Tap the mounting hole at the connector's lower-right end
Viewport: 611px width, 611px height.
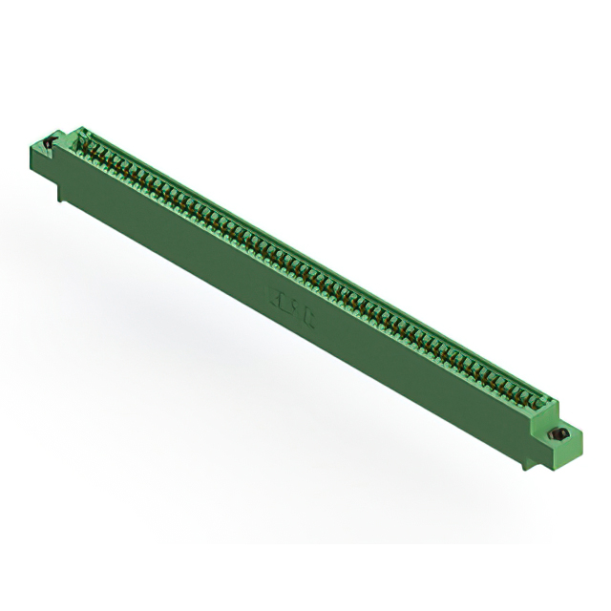(x=561, y=436)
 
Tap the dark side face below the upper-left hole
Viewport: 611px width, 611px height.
(x=43, y=167)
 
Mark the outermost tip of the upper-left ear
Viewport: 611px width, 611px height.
(x=28, y=144)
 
